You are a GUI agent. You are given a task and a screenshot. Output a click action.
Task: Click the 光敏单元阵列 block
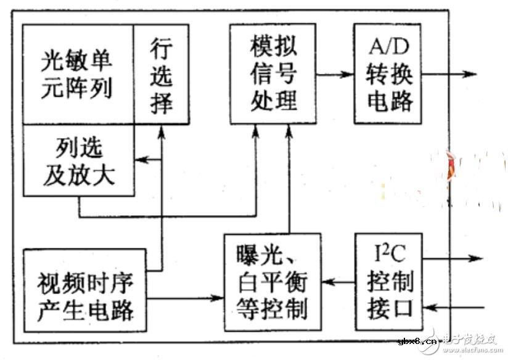pos(78,74)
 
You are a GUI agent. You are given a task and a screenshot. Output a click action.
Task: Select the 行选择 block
pos(161,74)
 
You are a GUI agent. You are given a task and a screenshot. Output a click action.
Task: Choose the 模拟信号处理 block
pos(273,73)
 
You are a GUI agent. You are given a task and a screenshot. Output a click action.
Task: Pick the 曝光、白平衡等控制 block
pos(272,282)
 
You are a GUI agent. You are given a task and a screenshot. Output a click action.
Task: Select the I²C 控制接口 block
pos(387,282)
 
